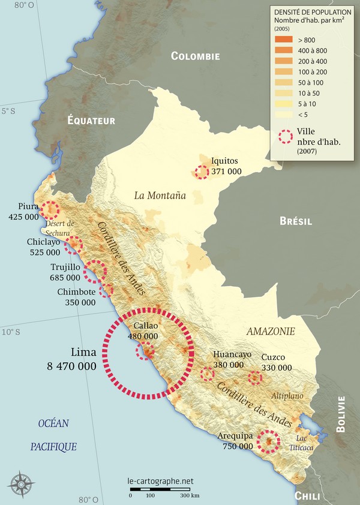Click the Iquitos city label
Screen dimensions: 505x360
(x=225, y=161)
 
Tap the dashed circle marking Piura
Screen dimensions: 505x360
(x=50, y=210)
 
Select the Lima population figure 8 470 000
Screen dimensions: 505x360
(x=71, y=365)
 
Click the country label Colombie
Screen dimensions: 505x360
(x=196, y=56)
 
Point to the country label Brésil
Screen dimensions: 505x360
(x=296, y=221)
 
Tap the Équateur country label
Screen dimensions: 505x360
(x=91, y=121)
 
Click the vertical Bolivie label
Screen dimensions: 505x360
(x=341, y=414)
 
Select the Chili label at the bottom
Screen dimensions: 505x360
(x=308, y=495)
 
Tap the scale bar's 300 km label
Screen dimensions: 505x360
(x=191, y=495)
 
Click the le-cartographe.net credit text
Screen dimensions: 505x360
(x=160, y=481)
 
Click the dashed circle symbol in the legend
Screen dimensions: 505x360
(x=286, y=136)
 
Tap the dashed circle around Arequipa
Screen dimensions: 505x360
(x=268, y=441)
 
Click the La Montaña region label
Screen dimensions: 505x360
(x=160, y=195)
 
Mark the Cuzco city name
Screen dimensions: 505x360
(x=273, y=357)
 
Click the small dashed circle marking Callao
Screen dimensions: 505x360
(x=145, y=351)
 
